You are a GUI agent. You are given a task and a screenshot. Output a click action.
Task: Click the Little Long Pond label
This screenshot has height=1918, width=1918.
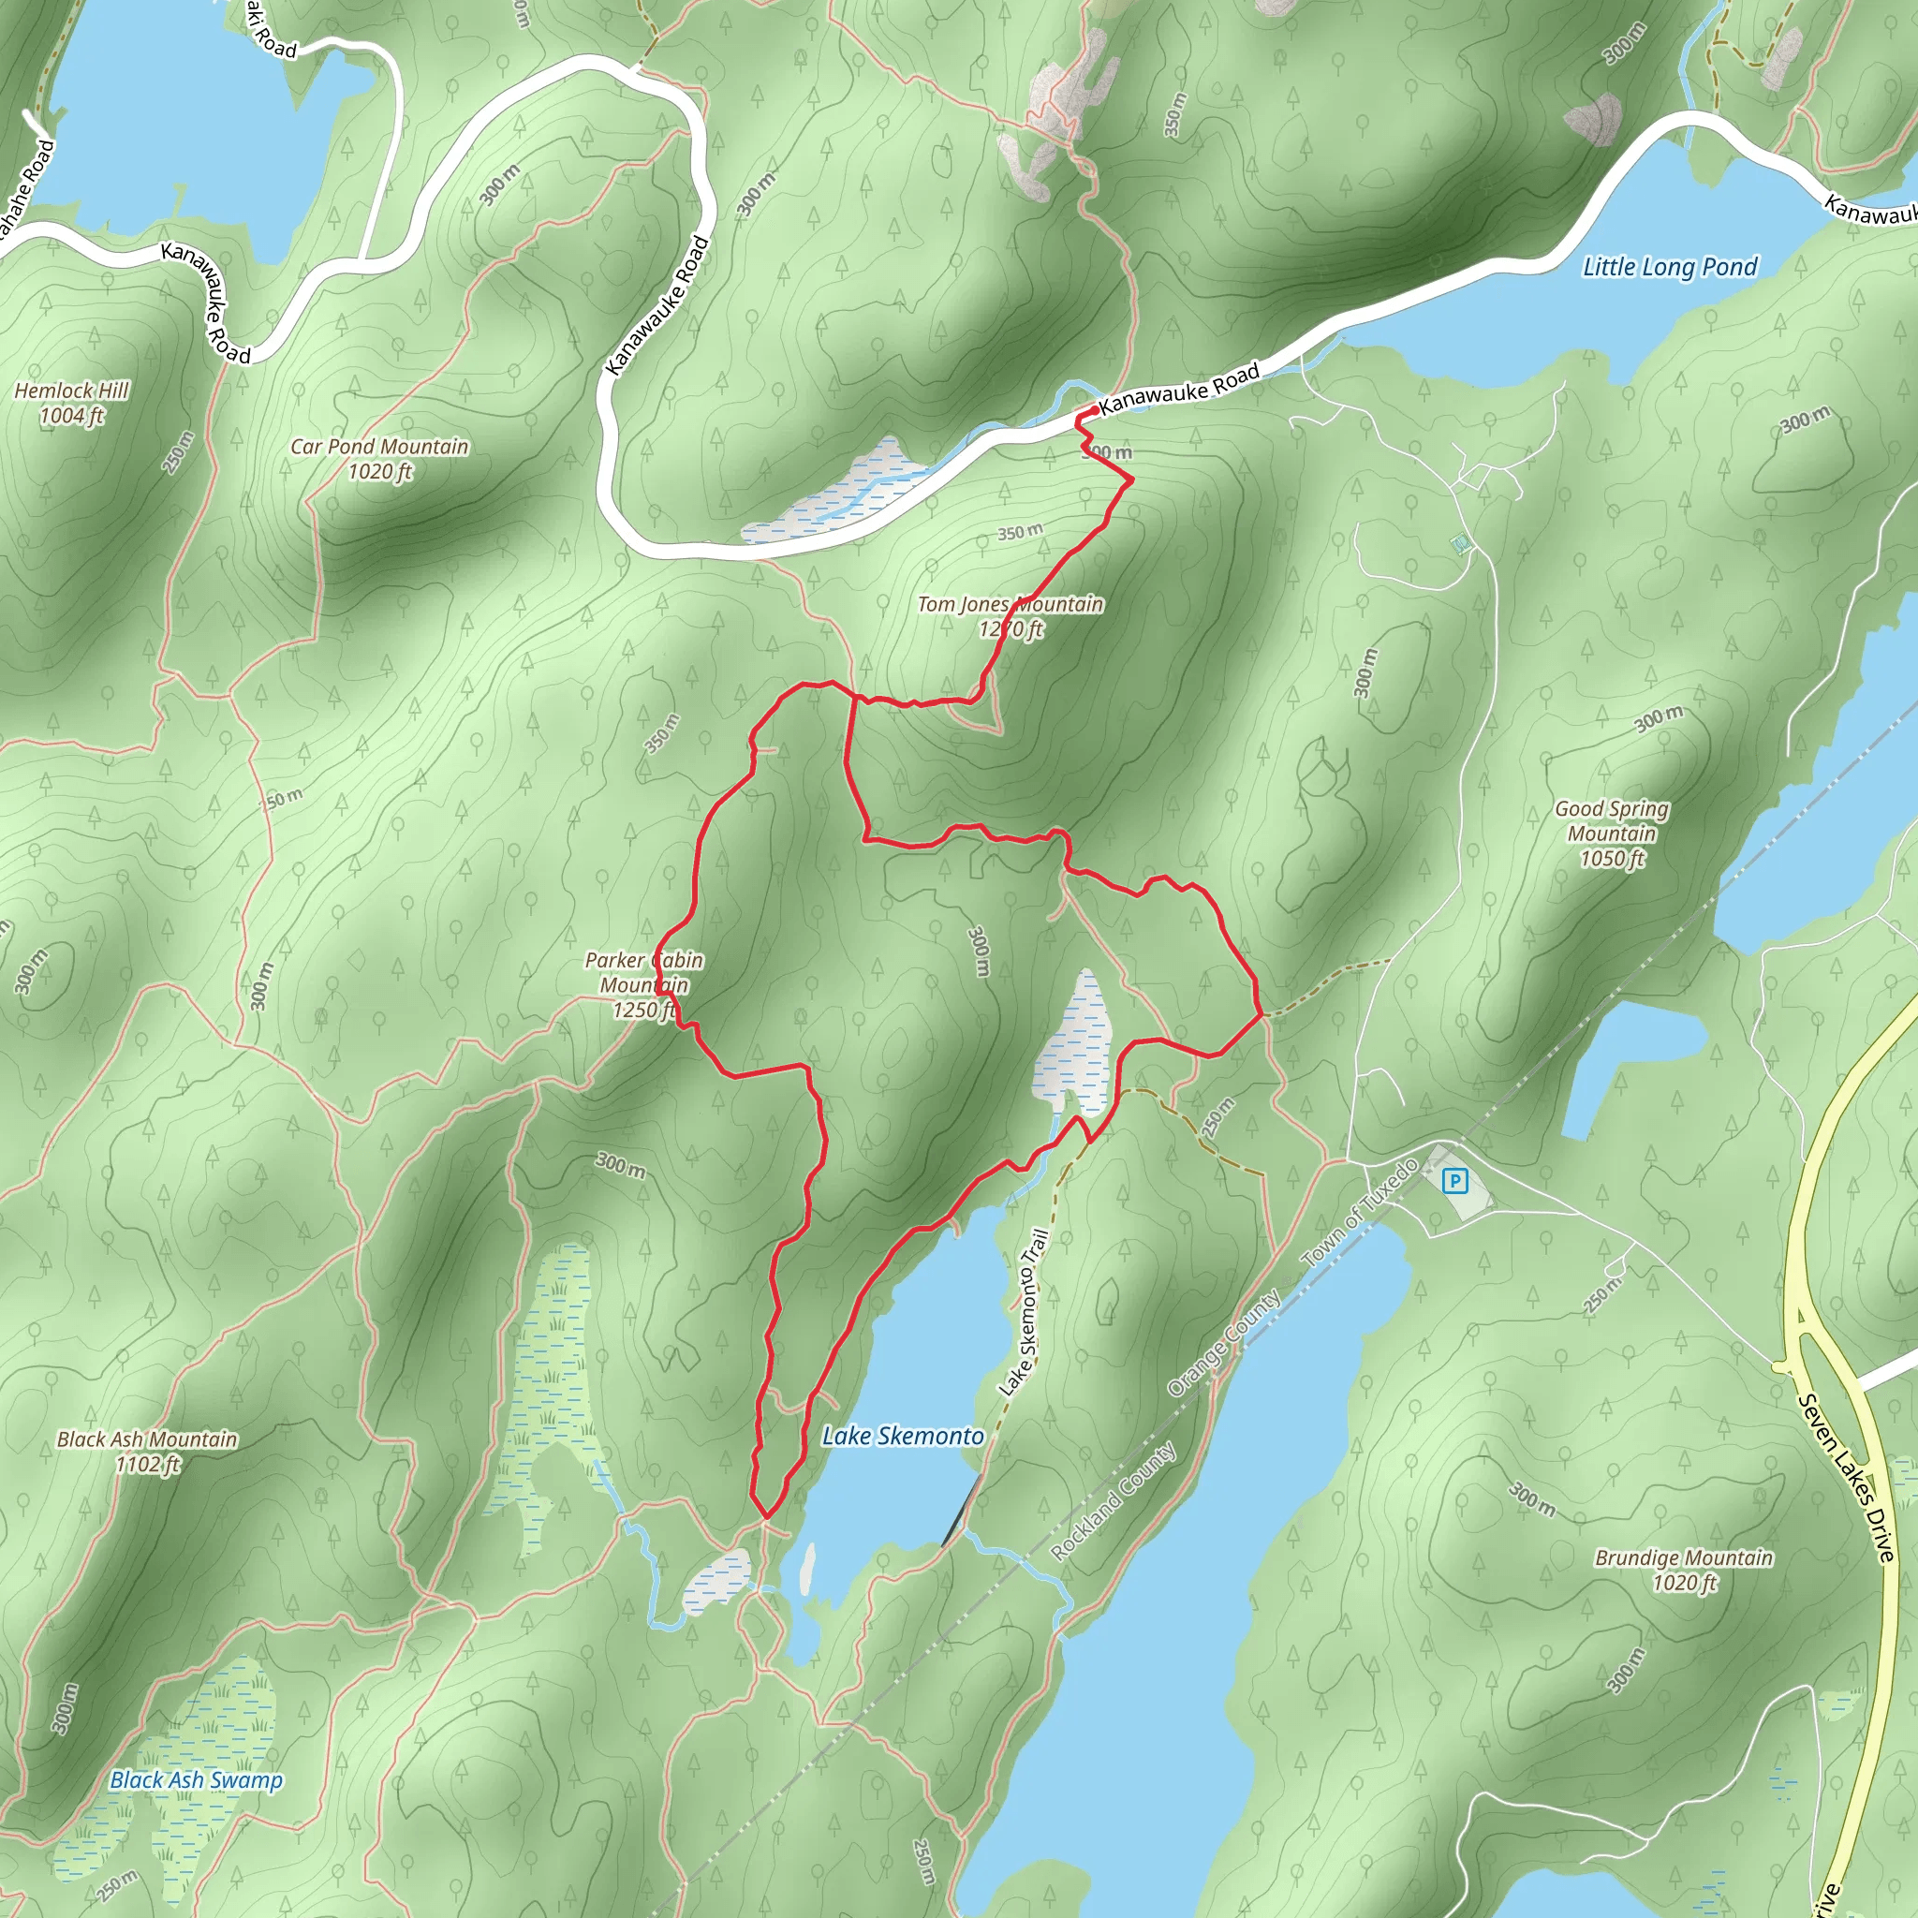1669,267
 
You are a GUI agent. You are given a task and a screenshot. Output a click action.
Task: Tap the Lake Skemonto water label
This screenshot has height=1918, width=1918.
903,1436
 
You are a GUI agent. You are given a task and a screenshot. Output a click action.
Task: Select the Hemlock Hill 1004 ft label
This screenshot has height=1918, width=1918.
71,403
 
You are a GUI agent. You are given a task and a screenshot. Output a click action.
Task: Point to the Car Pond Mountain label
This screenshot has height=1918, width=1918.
379,459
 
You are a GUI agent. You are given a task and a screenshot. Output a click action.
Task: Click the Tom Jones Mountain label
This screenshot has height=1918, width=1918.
1010,615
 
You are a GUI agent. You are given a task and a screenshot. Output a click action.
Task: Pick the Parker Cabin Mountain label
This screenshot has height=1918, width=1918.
643,985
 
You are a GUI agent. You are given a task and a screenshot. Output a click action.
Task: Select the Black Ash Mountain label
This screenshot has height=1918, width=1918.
147,1451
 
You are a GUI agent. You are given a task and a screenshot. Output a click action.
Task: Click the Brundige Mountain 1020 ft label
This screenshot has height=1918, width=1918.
1683,1570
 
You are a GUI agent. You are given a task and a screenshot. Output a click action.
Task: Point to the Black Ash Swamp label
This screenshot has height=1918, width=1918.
196,1780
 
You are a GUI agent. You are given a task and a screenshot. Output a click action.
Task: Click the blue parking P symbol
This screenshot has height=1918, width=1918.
1454,1180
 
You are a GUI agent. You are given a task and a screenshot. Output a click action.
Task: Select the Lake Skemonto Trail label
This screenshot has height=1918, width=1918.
1025,1311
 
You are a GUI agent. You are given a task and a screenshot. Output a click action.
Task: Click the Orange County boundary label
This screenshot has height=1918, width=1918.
1223,1344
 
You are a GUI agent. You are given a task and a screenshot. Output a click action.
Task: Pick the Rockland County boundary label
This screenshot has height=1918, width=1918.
1113,1500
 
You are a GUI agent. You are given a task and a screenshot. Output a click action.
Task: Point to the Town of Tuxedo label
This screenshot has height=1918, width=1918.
1360,1212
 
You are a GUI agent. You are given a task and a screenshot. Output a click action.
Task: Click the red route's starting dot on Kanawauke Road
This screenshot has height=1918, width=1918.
1093,410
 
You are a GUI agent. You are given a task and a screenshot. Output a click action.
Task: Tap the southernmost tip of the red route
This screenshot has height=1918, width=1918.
766,1517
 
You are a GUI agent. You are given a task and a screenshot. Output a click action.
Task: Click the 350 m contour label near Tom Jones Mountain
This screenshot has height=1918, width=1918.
1020,532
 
